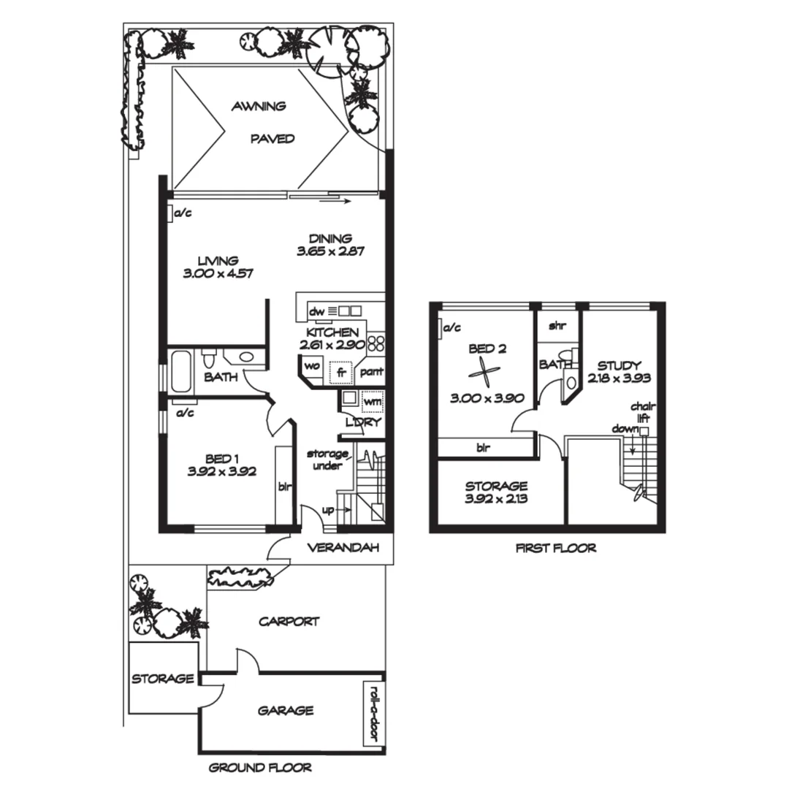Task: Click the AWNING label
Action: click(x=258, y=107)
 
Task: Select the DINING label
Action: click(x=329, y=238)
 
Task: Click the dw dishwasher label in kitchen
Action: click(x=316, y=312)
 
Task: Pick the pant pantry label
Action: click(x=371, y=372)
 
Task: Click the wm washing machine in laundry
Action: click(x=372, y=401)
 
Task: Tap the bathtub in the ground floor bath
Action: click(x=180, y=372)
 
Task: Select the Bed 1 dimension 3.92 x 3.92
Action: click(x=221, y=471)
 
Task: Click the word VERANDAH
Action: click(x=342, y=548)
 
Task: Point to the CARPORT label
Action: click(x=289, y=622)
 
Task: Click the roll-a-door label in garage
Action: click(x=373, y=714)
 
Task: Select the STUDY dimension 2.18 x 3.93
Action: click(x=619, y=378)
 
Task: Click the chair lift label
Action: click(x=641, y=413)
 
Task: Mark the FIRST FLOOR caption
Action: click(x=555, y=548)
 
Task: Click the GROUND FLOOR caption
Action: click(x=260, y=768)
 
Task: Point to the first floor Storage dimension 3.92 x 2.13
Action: click(x=496, y=500)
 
